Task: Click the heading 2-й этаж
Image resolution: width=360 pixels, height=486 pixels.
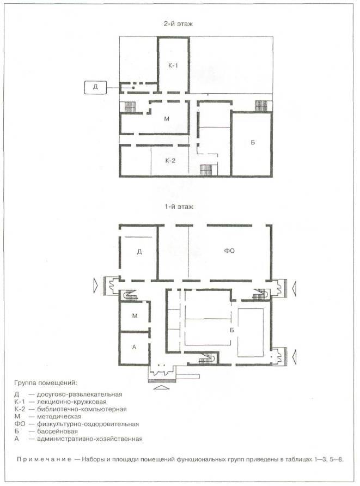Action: pyautogui.click(x=178, y=24)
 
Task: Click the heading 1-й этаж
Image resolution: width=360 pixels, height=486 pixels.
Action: pyautogui.click(x=179, y=206)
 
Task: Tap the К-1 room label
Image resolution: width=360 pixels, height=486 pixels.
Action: pyautogui.click(x=173, y=65)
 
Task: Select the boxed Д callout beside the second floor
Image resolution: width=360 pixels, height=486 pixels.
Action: pyautogui.click(x=95, y=87)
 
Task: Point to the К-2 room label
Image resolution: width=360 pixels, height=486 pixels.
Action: pyautogui.click(x=170, y=161)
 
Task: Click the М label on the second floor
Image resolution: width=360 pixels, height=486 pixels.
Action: pyautogui.click(x=167, y=119)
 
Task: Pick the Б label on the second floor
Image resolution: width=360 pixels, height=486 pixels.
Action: pyautogui.click(x=253, y=143)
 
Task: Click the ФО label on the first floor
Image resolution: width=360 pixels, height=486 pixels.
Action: pyautogui.click(x=229, y=251)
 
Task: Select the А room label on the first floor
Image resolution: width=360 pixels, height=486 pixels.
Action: pyautogui.click(x=134, y=347)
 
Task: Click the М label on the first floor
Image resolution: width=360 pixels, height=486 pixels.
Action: pyautogui.click(x=135, y=316)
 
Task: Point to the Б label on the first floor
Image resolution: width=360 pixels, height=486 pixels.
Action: pyautogui.click(x=231, y=330)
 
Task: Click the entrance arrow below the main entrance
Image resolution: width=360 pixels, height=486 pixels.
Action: pyautogui.click(x=161, y=387)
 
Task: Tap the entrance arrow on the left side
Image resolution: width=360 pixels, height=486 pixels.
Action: pyautogui.click(x=96, y=283)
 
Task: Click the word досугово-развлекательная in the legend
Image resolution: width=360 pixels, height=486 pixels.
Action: pyautogui.click(x=80, y=394)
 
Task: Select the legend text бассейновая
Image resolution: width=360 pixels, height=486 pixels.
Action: pyautogui.click(x=57, y=431)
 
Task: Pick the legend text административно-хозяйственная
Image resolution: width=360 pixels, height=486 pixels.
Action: pyautogui.click(x=89, y=439)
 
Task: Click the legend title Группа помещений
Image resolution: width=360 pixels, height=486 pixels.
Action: pyautogui.click(x=46, y=383)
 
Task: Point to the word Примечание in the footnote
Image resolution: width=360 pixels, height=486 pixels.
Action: pyautogui.click(x=44, y=459)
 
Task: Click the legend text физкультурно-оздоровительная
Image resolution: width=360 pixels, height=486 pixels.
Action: pyautogui.click(x=88, y=424)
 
